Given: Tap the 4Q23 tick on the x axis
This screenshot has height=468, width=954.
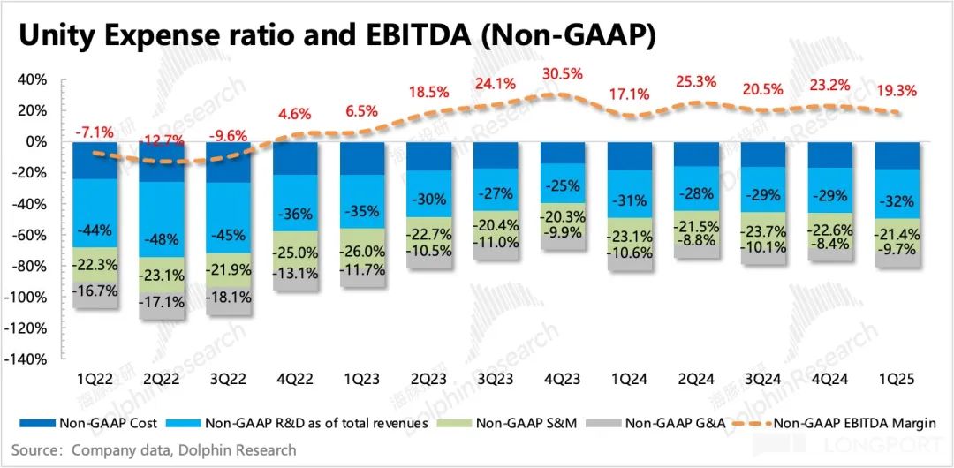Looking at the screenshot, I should pyautogui.click(x=564, y=378).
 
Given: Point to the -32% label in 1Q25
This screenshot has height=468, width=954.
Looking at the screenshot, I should pyautogui.click(x=897, y=201).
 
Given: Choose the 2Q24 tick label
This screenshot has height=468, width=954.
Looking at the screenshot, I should pyautogui.click(x=697, y=378).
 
